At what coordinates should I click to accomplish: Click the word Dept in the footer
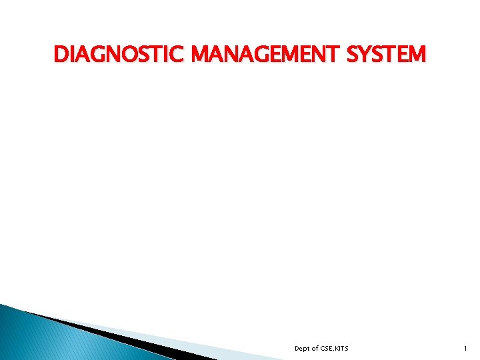tap(303, 349)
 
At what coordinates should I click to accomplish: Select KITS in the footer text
tap(341, 349)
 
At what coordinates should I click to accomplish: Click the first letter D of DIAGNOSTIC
tap(60, 54)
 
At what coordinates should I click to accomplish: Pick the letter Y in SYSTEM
tap(364, 54)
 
